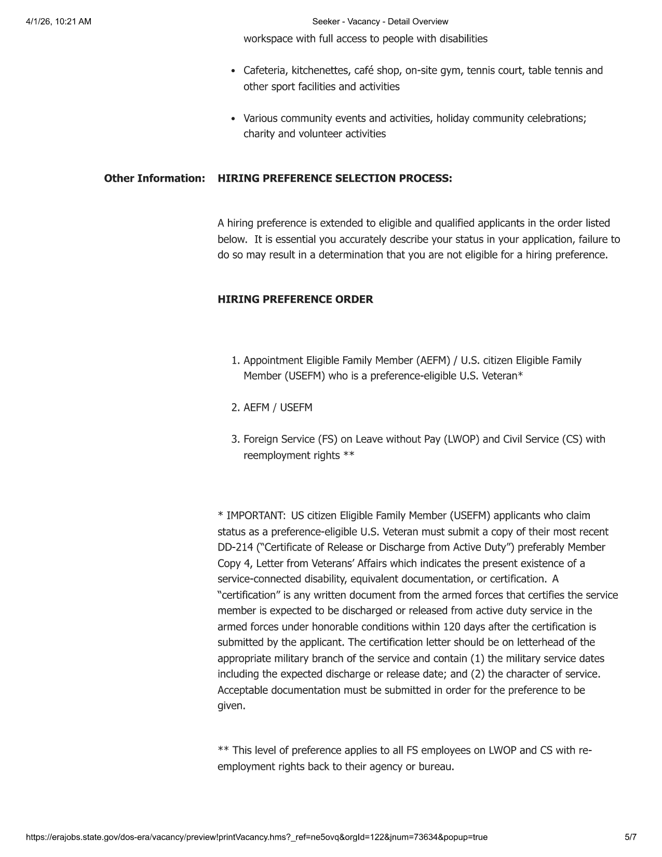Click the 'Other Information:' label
pyautogui.click(x=154, y=179)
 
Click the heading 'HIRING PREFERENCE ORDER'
pyautogui.click(x=295, y=300)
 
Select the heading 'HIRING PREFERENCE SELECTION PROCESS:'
pyautogui.click(x=334, y=179)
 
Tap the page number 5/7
pyautogui.click(x=631, y=837)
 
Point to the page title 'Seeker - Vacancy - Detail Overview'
pyautogui.click(x=380, y=21)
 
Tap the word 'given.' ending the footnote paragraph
pyautogui.click(x=231, y=706)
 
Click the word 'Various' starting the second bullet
pyautogui.click(x=260, y=118)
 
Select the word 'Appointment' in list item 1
pyautogui.click(x=273, y=360)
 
